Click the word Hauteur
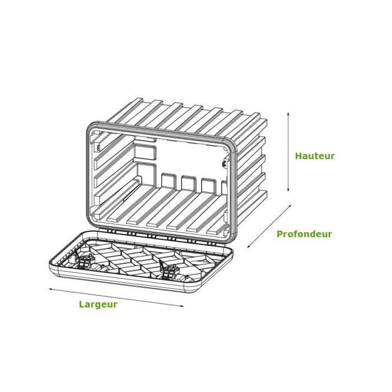[315, 156]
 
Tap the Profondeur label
[304, 234]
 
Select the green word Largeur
[98, 304]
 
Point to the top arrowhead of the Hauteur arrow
[288, 114]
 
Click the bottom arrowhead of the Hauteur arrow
[288, 190]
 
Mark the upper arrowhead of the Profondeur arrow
[290, 206]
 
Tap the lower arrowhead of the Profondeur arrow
[248, 246]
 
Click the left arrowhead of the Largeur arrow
[50, 289]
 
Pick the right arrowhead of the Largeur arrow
[182, 306]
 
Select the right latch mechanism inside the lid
[168, 272]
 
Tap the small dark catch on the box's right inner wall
[224, 164]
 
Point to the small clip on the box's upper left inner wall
[98, 148]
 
